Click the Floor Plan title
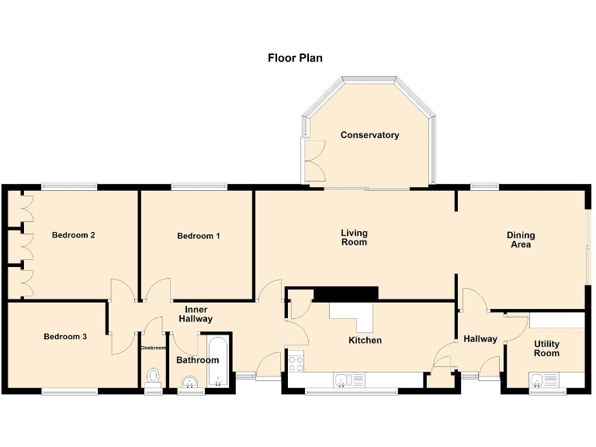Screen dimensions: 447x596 tap(295, 57)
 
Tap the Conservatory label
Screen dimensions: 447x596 tap(369, 135)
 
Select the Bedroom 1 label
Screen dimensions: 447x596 tap(199, 236)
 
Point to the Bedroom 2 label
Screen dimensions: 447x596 tap(74, 235)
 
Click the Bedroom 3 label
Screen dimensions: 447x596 tap(65, 337)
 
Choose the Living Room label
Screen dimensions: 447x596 tap(354, 237)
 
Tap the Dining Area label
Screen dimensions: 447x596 tap(521, 240)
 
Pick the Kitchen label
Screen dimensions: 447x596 tap(365, 341)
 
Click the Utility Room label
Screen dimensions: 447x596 tap(546, 348)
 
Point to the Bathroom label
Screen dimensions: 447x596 tap(197, 360)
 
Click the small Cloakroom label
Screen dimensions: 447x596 tap(154, 348)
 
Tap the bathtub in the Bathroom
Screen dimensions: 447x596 tap(217, 360)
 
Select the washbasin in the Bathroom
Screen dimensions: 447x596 tap(189, 382)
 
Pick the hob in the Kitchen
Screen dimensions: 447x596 tap(296, 362)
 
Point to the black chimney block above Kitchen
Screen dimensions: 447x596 tap(345, 293)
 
